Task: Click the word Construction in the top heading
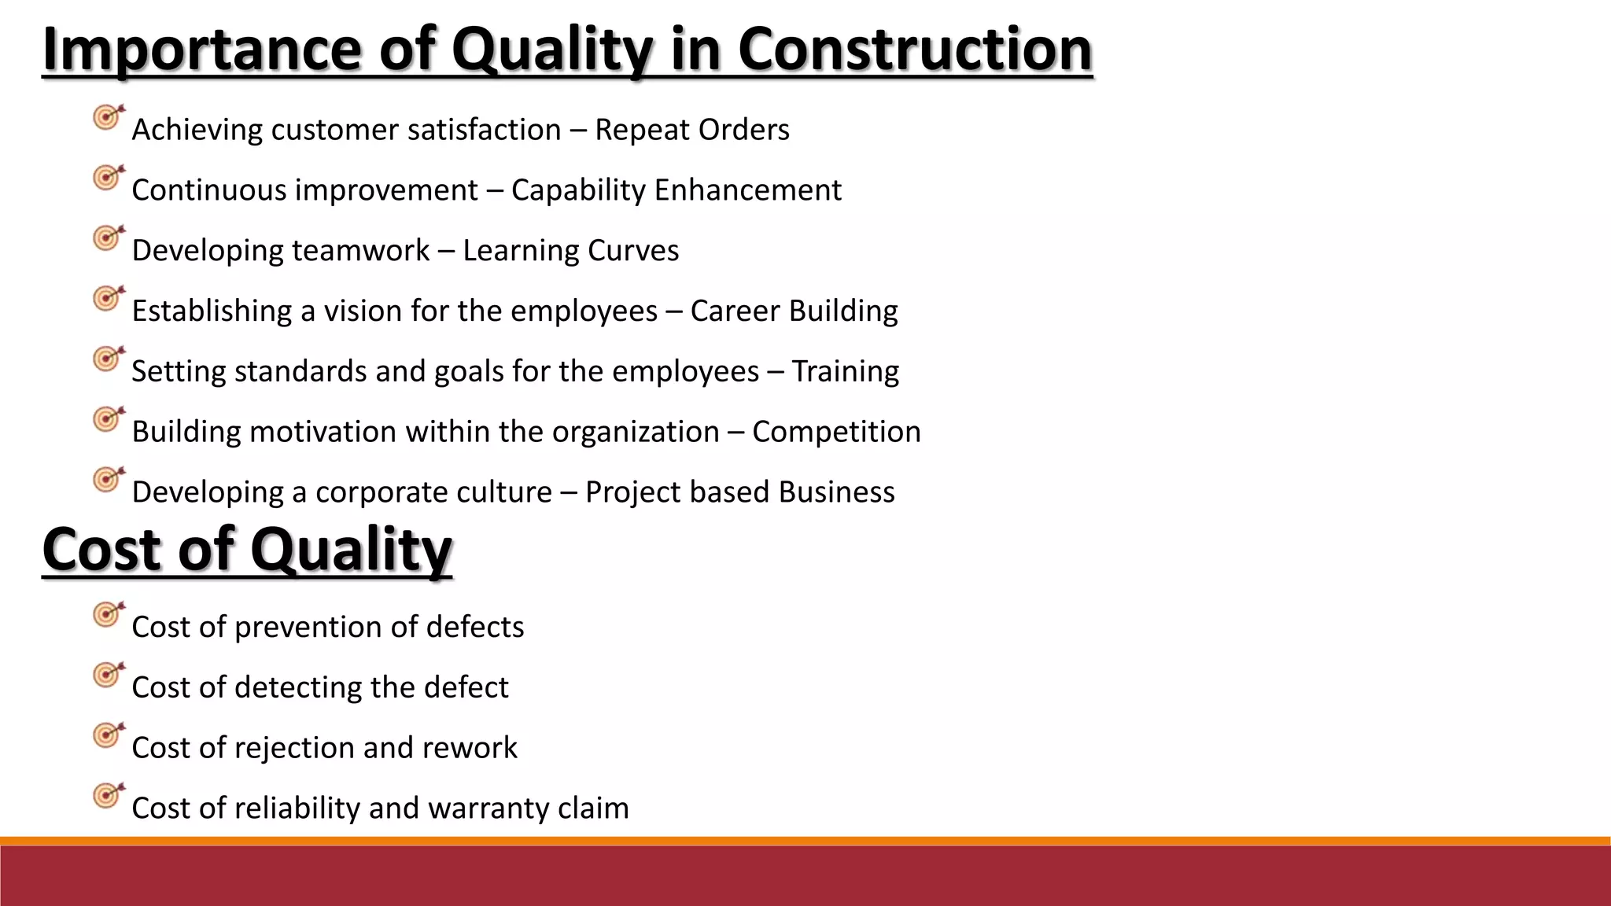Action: pos(915,49)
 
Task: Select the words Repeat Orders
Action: pos(691,130)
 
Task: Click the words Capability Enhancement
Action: pos(676,190)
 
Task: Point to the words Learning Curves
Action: pos(570,251)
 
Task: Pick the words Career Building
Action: pos(794,311)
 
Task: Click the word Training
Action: pos(845,371)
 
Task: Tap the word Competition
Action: pos(836,432)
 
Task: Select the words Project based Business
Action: pos(739,492)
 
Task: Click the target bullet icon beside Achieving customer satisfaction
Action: pos(108,118)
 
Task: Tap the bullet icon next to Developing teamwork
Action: pos(108,238)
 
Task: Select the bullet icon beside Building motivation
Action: pos(108,419)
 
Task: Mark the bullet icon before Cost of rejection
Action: pos(108,735)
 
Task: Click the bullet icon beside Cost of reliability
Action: pos(108,796)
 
